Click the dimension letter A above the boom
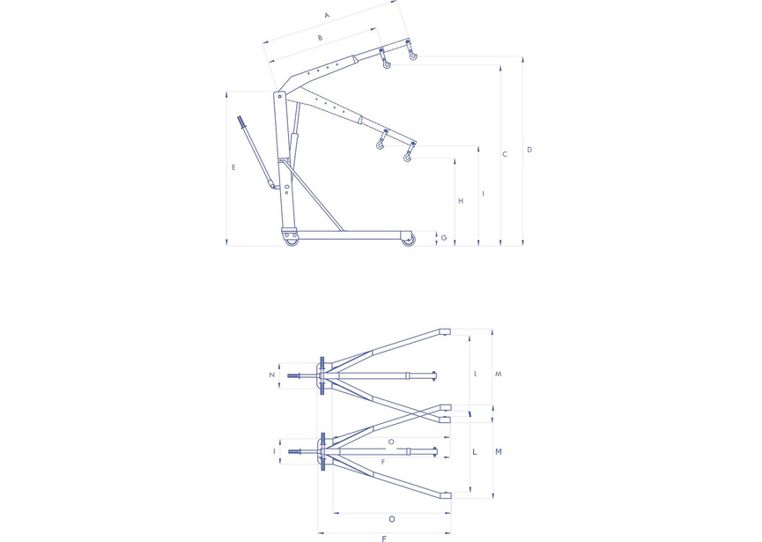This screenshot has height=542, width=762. point(327,16)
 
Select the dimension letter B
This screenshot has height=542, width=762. point(320,38)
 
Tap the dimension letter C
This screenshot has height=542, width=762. point(505,154)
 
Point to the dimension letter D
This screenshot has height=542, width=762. point(529,150)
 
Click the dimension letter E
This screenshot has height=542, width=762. point(233,167)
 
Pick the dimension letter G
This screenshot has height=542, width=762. point(444,238)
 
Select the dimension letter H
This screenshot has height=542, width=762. point(462,201)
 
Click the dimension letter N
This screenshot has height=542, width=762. point(272,375)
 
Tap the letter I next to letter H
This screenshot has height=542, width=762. point(483,194)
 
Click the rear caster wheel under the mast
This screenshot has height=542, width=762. point(291,241)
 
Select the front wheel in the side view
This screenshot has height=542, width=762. point(408,240)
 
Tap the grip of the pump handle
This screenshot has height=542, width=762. point(242,123)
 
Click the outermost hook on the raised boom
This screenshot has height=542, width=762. point(412,55)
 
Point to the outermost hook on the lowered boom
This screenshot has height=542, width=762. point(407,156)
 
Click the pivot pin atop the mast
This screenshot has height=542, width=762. point(280,96)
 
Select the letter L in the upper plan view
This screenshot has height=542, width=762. point(476,374)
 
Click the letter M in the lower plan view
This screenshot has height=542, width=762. point(498,452)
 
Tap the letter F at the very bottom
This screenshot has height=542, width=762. point(384,538)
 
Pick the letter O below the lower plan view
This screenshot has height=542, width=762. point(392,519)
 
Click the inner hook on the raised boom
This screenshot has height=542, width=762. point(387,63)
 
